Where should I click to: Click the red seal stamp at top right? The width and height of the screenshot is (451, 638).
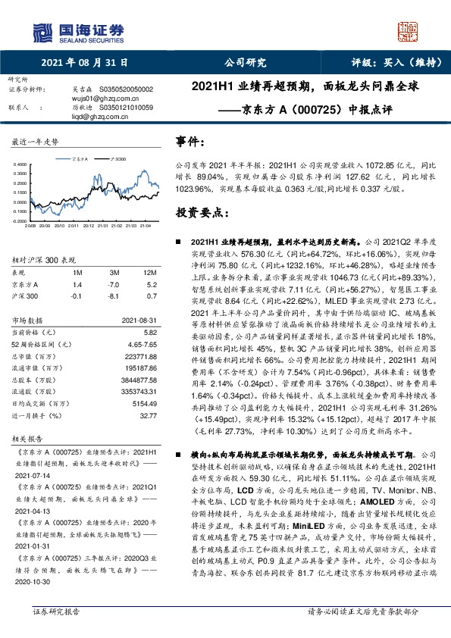point(409,31)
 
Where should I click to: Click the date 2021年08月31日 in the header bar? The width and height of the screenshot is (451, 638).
point(84,64)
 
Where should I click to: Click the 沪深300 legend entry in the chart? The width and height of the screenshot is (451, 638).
point(117,160)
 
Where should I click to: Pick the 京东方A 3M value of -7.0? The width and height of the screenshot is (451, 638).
point(115,282)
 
